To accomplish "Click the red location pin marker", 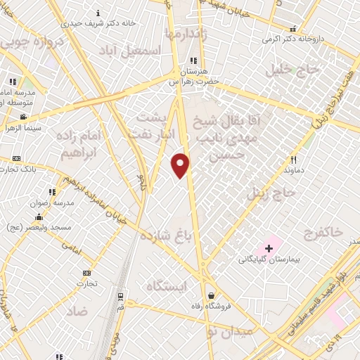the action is (x=181, y=165).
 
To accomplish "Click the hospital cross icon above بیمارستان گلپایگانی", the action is (x=269, y=248).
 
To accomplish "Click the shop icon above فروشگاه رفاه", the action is (x=210, y=295).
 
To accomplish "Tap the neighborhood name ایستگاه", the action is (x=168, y=286).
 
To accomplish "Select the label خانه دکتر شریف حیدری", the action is (x=63, y=23).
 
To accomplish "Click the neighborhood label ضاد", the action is (x=79, y=309).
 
